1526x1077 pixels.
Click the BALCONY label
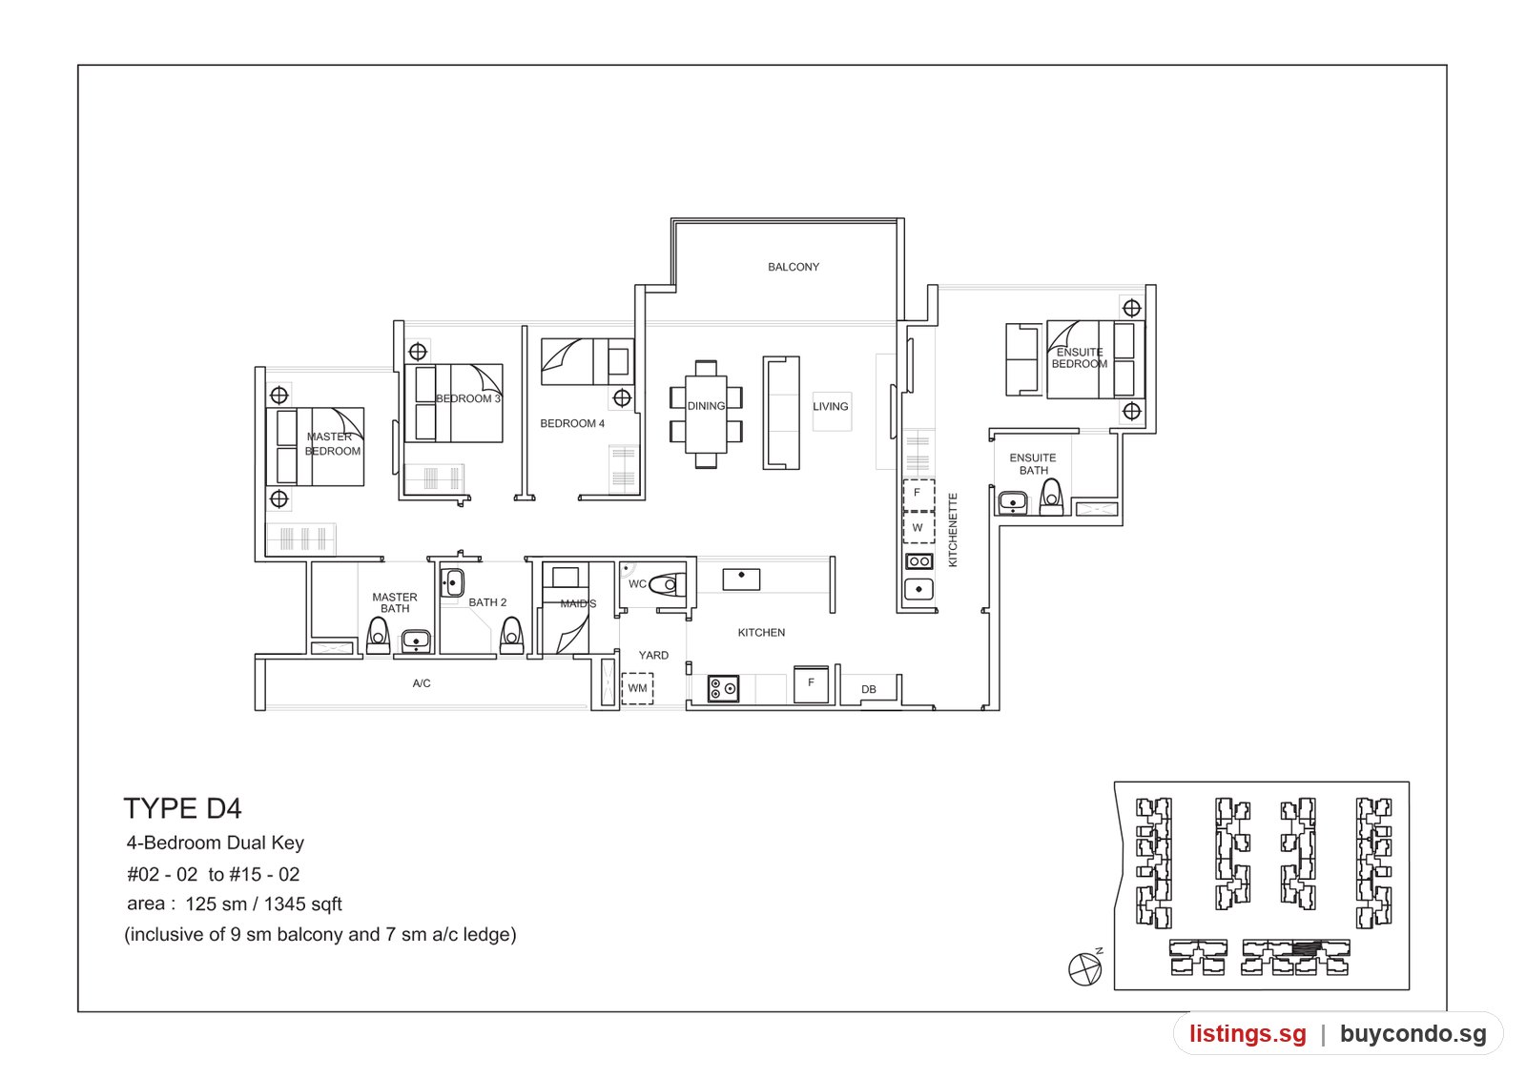tap(793, 267)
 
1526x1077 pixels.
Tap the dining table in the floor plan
tap(706, 414)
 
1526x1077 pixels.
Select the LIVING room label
tap(831, 406)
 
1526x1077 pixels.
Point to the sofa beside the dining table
tap(781, 413)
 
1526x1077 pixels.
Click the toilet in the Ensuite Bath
tap(1051, 497)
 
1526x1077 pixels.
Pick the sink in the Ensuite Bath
tap(1012, 503)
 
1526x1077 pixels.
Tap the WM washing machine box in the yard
tap(637, 688)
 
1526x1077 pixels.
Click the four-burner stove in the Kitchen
tap(723, 688)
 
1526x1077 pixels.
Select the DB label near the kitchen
tap(869, 689)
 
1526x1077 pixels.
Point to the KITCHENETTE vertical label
tap(953, 530)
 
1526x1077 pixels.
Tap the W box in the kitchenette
tap(918, 528)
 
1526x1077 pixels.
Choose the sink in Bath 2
tap(452, 583)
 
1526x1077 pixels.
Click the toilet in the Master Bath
tap(378, 636)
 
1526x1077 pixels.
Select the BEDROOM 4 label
tap(572, 423)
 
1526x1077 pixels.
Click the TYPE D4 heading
tap(182, 808)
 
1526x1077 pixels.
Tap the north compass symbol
tap(1085, 967)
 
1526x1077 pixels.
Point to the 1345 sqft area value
tap(302, 904)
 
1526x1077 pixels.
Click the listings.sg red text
tap(1248, 1033)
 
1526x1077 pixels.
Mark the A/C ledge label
tap(421, 682)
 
